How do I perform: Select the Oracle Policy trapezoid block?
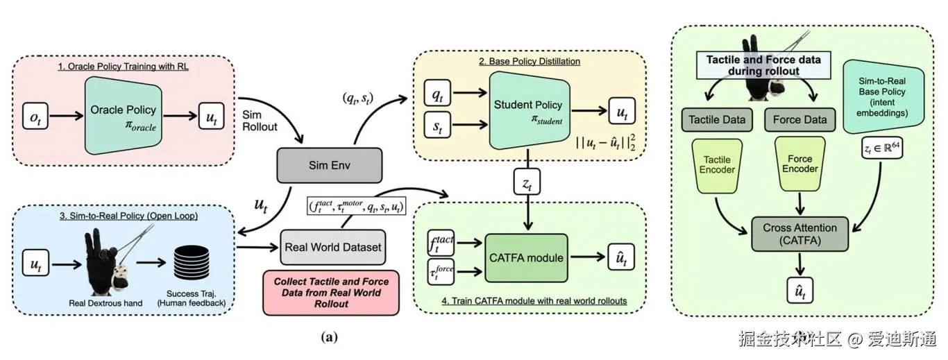123,114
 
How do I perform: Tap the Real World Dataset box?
333,247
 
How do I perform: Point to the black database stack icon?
181,266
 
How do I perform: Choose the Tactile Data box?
717,119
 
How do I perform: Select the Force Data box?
799,119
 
